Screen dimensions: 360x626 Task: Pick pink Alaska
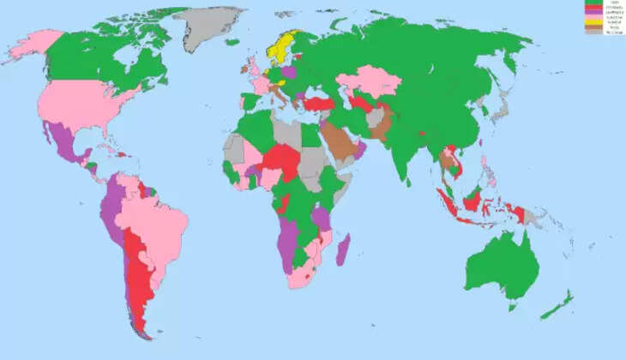click(x=30, y=46)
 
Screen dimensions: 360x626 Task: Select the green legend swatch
click(x=593, y=3)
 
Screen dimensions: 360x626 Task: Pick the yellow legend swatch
click(x=593, y=22)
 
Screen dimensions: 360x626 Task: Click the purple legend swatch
click(x=593, y=13)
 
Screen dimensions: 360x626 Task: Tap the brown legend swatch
click(x=593, y=27)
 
